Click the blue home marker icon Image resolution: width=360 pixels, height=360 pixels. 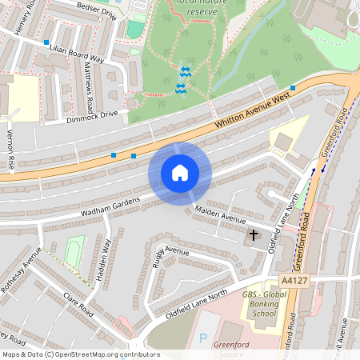179,172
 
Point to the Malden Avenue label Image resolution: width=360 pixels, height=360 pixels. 219,216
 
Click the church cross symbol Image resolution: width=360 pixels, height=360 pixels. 254,235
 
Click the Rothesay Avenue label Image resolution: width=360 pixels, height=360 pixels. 21,276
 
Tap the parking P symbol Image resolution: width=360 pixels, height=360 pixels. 202,338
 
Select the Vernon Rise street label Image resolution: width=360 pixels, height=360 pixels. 11,150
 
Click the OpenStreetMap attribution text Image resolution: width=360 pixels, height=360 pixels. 81,354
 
